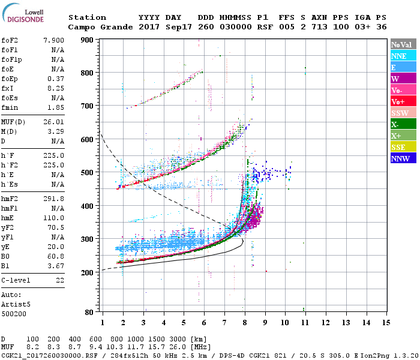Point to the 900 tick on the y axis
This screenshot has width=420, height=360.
point(88,40)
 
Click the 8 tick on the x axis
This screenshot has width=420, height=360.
point(245,323)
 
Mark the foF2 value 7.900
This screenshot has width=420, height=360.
point(53,40)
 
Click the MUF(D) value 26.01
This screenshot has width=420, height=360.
point(53,122)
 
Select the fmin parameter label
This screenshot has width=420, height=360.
point(10,107)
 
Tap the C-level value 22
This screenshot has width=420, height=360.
point(60,280)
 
